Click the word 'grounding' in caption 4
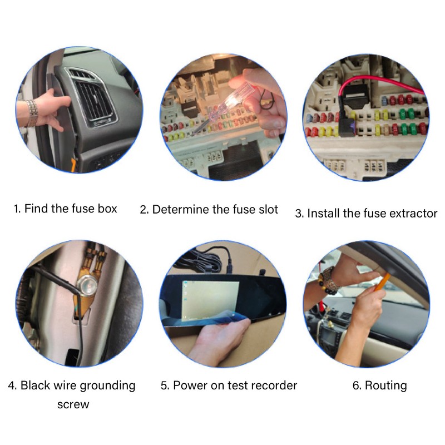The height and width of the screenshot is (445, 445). [107, 386]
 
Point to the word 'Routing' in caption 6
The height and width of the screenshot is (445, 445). [385, 386]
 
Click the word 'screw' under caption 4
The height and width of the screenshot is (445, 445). [73, 405]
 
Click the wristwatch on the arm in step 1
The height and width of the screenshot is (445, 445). [32, 113]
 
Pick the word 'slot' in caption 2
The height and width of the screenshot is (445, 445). [268, 210]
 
